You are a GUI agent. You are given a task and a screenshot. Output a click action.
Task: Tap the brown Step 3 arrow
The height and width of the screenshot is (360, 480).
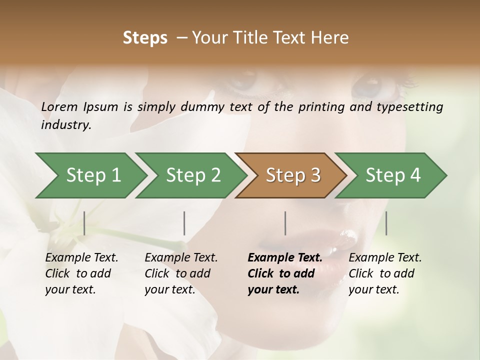[293, 175]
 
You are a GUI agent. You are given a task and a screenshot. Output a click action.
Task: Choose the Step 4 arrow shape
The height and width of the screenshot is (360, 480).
[393, 175]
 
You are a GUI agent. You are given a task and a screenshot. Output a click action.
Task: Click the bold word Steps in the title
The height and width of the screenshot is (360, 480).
[145, 38]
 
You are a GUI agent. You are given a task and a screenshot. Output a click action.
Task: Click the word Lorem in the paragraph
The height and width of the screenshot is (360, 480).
[59, 106]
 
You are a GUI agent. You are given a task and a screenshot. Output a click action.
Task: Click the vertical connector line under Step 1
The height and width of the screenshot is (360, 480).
[84, 223]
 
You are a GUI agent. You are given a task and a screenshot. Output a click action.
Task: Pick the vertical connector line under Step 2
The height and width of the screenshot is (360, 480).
[184, 223]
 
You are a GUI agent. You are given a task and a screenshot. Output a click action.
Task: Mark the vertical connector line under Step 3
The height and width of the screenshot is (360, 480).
[285, 223]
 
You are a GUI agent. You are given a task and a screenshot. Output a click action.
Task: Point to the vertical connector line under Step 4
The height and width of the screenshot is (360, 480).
[386, 223]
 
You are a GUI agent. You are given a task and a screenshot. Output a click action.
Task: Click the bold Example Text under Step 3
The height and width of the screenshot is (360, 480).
[285, 258]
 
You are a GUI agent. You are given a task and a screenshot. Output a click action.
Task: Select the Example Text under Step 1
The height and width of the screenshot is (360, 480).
[81, 258]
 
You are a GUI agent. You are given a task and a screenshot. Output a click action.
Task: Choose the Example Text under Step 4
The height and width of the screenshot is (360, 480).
[385, 258]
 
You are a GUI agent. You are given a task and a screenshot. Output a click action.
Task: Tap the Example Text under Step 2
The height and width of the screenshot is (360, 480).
[181, 258]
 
